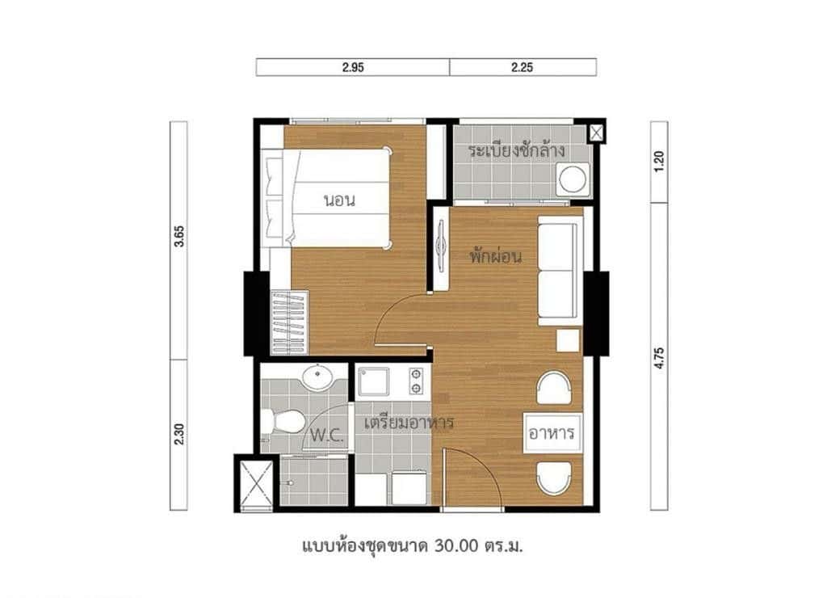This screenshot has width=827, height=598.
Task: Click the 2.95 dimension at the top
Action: click(353, 68)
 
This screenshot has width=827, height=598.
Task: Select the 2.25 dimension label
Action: click(523, 68)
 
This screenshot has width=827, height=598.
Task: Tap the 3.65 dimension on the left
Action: click(179, 239)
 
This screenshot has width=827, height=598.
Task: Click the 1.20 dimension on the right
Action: click(659, 161)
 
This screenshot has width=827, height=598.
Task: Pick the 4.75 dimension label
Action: click(659, 356)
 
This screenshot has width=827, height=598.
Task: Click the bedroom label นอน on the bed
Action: click(340, 200)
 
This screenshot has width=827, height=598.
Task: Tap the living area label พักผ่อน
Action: click(496, 258)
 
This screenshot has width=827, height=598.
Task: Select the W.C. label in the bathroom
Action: click(328, 436)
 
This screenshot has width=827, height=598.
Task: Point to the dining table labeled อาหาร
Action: click(552, 433)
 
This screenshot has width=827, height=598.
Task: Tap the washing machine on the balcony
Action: click(574, 179)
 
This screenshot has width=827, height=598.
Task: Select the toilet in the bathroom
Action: click(282, 421)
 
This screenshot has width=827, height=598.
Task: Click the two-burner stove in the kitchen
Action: click(417, 381)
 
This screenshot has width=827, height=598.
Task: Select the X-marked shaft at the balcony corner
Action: click(596, 133)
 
